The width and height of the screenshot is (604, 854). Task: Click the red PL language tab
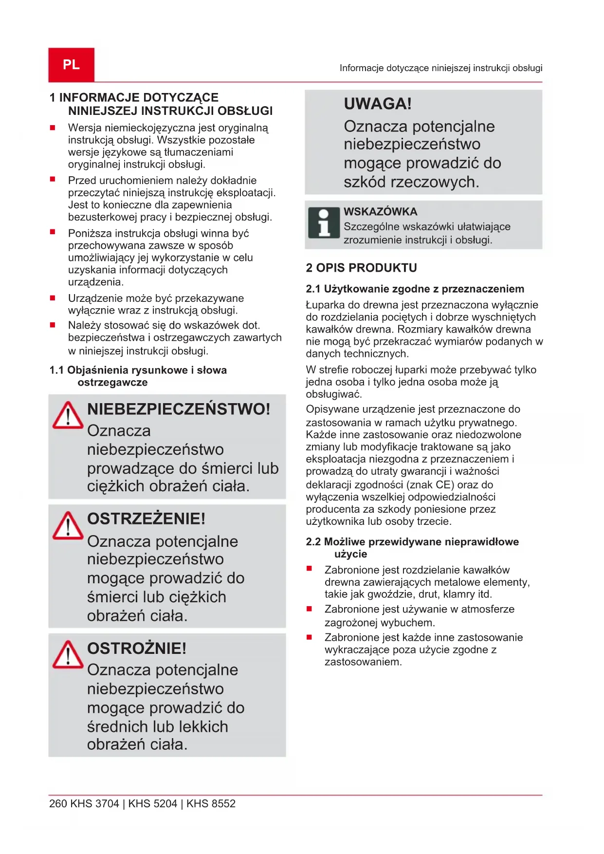pos(71,65)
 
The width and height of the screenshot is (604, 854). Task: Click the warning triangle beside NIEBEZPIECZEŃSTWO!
pos(68,416)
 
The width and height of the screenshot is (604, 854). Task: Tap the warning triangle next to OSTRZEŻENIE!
pos(68,526)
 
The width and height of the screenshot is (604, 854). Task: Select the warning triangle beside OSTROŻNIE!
pos(68,654)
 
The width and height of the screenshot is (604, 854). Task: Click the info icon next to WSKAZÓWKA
pos(323,223)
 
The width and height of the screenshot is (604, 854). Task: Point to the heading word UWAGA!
pos(378,104)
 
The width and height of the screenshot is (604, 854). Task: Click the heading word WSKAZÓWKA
pos(380,212)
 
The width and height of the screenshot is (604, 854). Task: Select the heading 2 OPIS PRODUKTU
pos(361,268)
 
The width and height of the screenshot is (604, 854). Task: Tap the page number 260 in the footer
pos(58,803)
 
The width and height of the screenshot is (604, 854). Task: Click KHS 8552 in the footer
pos(211,803)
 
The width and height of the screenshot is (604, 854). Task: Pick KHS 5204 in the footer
pos(152,803)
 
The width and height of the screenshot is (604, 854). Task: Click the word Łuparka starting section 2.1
pos(325,305)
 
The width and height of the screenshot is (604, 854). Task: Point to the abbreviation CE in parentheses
pos(443,485)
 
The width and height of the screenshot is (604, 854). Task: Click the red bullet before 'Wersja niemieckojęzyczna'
pos(53,128)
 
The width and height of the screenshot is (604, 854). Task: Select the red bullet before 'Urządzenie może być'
pos(53,298)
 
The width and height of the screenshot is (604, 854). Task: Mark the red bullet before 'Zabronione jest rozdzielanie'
pos(309,569)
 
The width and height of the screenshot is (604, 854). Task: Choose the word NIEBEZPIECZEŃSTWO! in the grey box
pos(178,409)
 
